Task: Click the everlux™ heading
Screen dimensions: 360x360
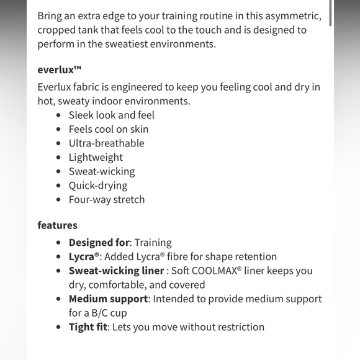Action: point(59,70)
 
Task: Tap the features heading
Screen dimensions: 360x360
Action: point(57,225)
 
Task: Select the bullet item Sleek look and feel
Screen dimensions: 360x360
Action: point(111,115)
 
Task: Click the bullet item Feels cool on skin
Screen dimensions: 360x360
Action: point(108,129)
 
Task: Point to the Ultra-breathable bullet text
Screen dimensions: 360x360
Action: point(106,143)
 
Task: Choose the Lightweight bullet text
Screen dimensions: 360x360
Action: point(96,157)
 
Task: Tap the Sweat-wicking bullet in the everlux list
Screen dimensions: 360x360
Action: point(101,171)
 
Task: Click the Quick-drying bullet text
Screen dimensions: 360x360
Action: point(97,185)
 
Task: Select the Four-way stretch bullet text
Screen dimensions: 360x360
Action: point(106,199)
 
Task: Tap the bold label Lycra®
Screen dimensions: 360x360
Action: point(84,256)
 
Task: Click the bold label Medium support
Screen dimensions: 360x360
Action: point(108,299)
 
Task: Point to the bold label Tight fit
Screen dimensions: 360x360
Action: point(88,326)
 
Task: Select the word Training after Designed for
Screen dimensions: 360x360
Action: point(153,242)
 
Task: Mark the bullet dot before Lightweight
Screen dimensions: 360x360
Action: point(59,158)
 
